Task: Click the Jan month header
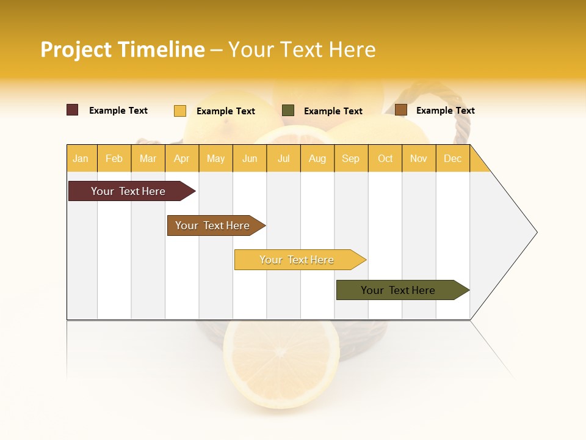pyautogui.click(x=81, y=158)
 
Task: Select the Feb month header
pyautogui.click(x=114, y=158)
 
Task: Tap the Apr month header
pyautogui.click(x=181, y=158)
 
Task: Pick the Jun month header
pyautogui.click(x=250, y=158)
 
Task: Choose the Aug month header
pyautogui.click(x=317, y=158)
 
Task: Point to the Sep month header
pyautogui.click(x=350, y=158)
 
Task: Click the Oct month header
pyautogui.click(x=385, y=158)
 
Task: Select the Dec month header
pyautogui.click(x=452, y=158)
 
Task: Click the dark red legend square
pyautogui.click(x=73, y=110)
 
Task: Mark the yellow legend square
pyautogui.click(x=179, y=111)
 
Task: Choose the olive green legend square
pyautogui.click(x=288, y=110)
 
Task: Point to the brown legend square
pyautogui.click(x=400, y=110)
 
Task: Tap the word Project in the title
pyautogui.click(x=76, y=50)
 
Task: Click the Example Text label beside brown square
pyautogui.click(x=445, y=111)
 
